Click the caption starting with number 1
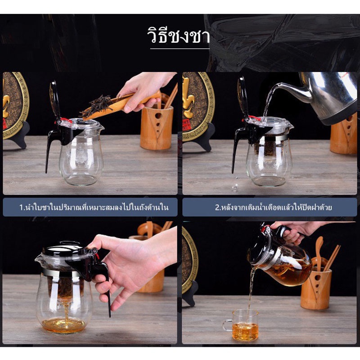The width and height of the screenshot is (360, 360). [x=94, y=207]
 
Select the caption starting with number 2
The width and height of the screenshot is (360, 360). [x=274, y=207]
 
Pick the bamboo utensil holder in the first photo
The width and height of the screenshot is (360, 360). [x=157, y=127]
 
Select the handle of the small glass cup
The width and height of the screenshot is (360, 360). [x=226, y=325]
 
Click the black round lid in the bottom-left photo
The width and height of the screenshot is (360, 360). [x=63, y=249]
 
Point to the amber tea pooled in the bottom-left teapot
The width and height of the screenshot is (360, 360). [x=64, y=324]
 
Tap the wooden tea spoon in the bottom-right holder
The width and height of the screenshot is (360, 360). [x=319, y=253]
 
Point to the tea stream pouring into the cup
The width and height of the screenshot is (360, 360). [x=251, y=292]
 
